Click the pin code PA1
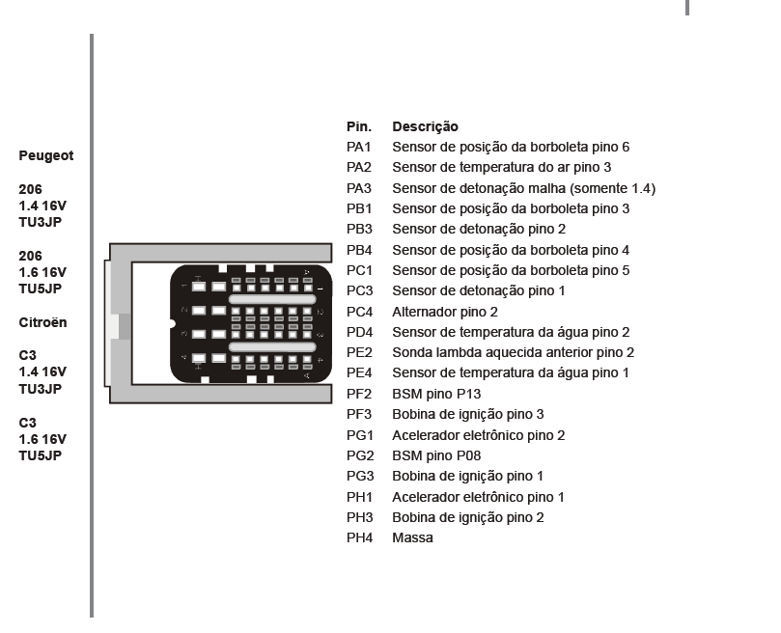click(x=359, y=147)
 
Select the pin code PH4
click(x=359, y=537)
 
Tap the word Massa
click(x=412, y=537)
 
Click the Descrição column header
click(x=425, y=126)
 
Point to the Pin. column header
click(x=358, y=126)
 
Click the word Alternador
click(x=424, y=312)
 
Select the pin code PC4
click(x=359, y=312)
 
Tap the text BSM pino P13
click(x=436, y=394)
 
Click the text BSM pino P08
click(x=436, y=455)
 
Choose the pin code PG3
click(x=359, y=476)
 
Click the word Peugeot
click(x=46, y=155)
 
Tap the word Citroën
click(x=43, y=322)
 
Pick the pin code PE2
click(x=359, y=352)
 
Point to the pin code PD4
click(x=359, y=332)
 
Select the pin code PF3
click(x=359, y=414)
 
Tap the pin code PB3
click(x=359, y=229)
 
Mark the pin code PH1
click(x=359, y=497)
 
